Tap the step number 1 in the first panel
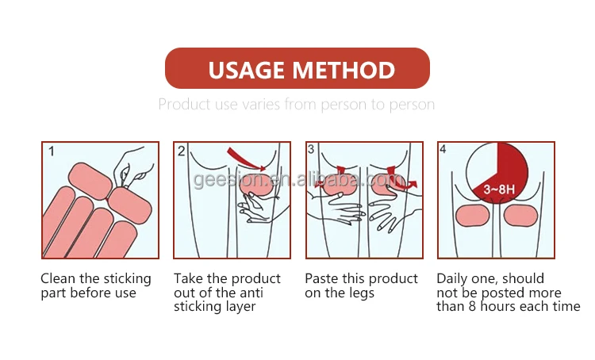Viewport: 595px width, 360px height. point(52,151)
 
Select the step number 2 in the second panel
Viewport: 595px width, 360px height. point(182,151)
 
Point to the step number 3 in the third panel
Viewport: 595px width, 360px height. point(311,149)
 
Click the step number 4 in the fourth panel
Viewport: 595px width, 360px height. point(443,149)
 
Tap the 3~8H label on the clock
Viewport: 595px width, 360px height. point(499,189)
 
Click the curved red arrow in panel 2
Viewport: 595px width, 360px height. point(245,159)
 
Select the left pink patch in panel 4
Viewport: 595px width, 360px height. point(473,216)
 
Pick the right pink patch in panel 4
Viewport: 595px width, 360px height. point(521,216)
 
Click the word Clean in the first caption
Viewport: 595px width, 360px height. point(58,278)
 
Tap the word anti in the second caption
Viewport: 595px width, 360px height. point(251,293)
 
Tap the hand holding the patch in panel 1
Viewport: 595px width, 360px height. point(132,167)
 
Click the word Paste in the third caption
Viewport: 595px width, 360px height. point(322,278)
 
